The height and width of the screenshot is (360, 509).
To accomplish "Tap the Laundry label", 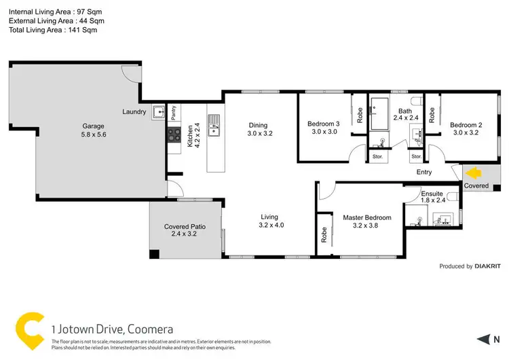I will [134, 111].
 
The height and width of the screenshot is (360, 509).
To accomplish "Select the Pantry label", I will [174, 112].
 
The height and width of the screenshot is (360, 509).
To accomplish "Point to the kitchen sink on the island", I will [214, 125].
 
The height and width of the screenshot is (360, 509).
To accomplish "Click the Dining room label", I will [258, 125].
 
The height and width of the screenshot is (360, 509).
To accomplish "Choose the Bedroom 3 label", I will [323, 124].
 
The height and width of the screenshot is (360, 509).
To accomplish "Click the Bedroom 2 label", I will [465, 124].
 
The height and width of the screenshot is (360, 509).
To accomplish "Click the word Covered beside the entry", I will [476, 185].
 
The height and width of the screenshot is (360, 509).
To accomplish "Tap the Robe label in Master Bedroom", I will [324, 235].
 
